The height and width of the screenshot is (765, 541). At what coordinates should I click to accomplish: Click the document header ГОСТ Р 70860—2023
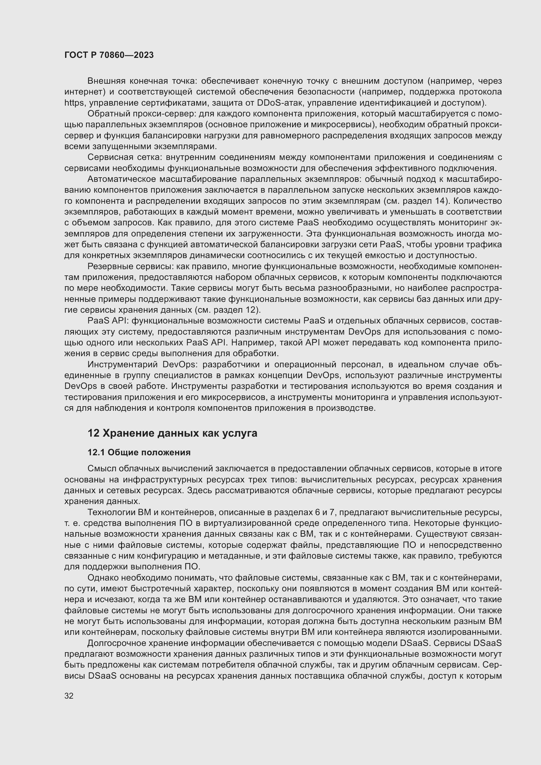tap(109, 55)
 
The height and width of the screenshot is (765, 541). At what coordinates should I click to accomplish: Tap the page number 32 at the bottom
tap(69, 696)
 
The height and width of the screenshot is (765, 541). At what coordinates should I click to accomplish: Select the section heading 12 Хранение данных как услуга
tap(172, 433)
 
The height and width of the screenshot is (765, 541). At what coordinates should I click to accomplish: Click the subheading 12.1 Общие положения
tap(139, 452)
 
